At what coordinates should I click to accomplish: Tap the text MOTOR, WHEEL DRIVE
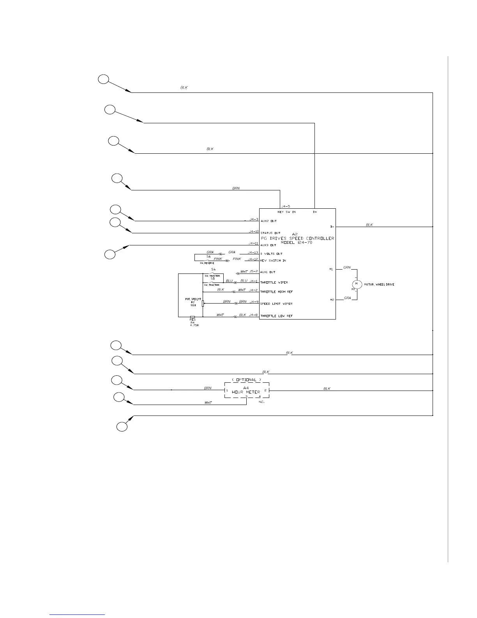click(379, 285)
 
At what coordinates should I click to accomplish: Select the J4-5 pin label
click(286, 206)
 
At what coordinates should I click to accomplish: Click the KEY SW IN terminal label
click(286, 212)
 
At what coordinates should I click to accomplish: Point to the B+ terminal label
click(315, 212)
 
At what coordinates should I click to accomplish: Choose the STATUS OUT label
click(270, 233)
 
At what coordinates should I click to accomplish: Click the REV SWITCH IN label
click(273, 261)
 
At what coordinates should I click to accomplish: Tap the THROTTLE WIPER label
click(274, 282)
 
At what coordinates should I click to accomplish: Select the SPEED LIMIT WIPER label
click(276, 304)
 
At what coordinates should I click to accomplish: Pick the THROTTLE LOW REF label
click(276, 316)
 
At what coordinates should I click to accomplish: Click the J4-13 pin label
click(253, 253)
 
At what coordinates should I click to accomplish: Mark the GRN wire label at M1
click(347, 268)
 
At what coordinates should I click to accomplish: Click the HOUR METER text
click(246, 392)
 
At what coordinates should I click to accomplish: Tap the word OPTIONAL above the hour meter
click(246, 380)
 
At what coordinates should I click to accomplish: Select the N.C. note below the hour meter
click(261, 402)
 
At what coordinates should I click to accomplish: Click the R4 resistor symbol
click(192, 317)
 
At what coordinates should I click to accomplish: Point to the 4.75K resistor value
click(194, 325)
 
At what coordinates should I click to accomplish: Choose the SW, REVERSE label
click(207, 263)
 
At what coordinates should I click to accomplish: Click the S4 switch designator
click(213, 270)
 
